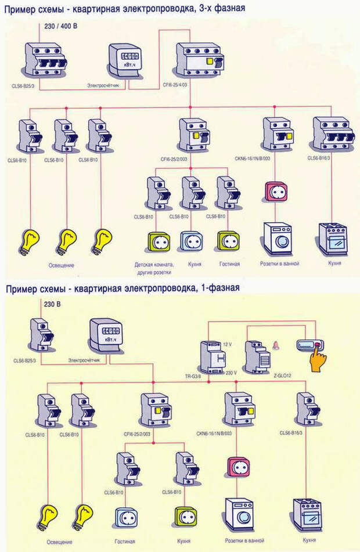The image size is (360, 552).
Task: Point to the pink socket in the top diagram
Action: (x=272, y=192)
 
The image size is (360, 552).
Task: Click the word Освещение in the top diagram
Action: (x=60, y=265)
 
